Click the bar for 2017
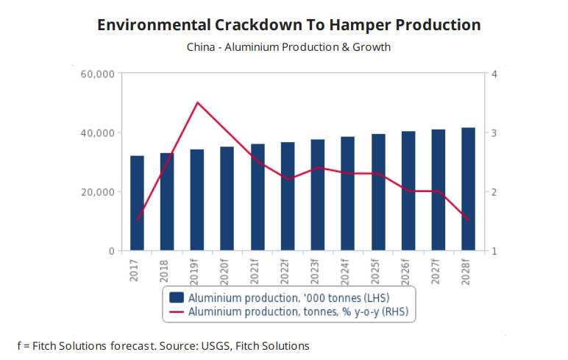(137, 203)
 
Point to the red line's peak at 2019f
(197, 102)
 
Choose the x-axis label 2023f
(318, 272)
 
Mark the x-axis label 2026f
(408, 272)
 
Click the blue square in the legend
(176, 298)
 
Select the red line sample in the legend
(176, 312)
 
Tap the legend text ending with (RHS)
(298, 312)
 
